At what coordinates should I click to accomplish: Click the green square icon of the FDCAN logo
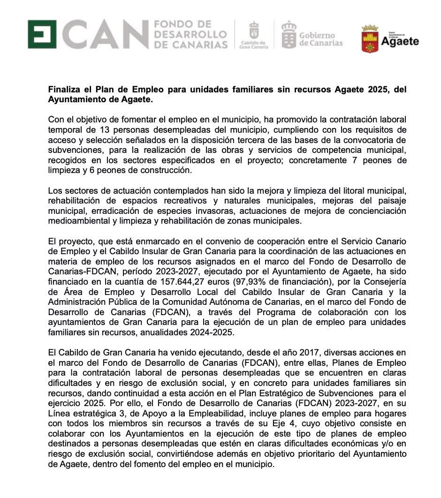click(x=42, y=34)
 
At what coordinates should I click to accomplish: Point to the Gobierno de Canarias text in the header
click(x=321, y=39)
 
